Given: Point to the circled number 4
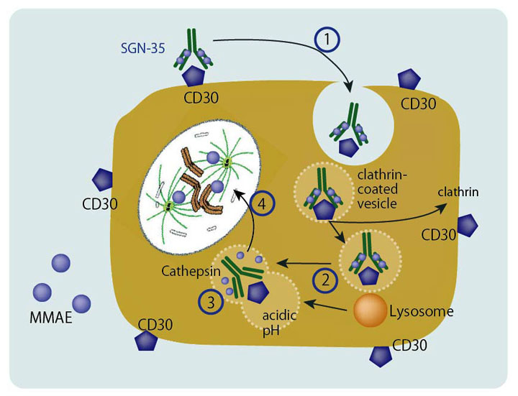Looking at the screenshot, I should pos(264,204).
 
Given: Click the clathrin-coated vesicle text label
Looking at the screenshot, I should pos(383,185).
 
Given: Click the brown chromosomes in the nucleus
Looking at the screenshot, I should pos(199,175).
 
